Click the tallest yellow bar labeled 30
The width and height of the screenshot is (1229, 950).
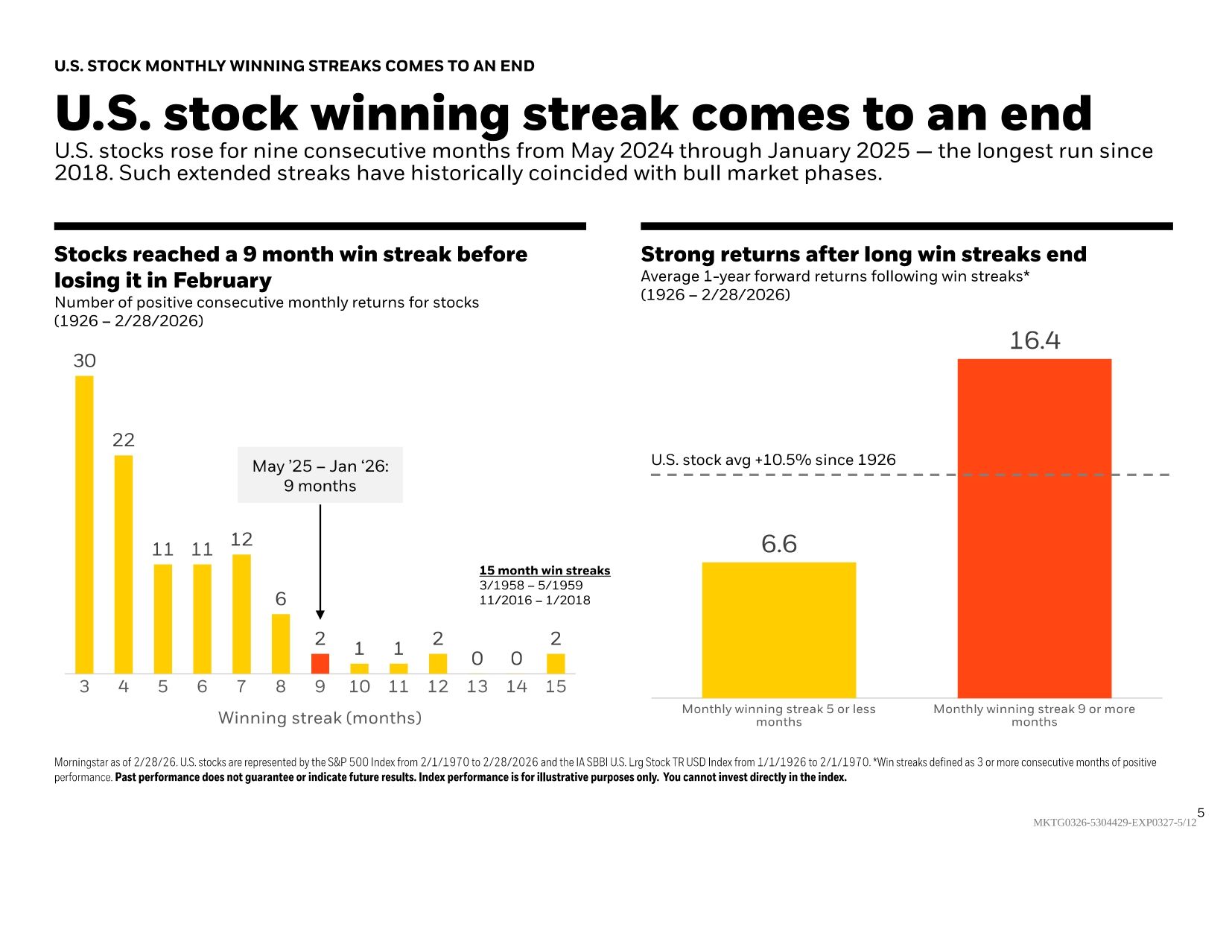click(84, 525)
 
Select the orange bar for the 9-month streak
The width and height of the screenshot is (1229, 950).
click(320, 664)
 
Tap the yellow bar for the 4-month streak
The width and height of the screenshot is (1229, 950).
click(124, 564)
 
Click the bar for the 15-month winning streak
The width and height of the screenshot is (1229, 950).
click(556, 664)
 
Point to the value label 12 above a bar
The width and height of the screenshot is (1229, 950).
click(241, 539)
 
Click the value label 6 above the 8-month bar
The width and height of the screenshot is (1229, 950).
click(281, 599)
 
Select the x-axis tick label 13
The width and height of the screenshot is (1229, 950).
click(477, 687)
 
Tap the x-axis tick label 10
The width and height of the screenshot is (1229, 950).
click(359, 687)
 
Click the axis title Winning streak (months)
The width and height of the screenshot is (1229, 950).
click(320, 718)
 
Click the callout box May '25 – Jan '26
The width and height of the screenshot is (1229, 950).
click(320, 475)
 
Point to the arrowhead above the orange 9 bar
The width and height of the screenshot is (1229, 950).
click(320, 614)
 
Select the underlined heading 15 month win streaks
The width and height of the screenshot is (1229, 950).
click(544, 571)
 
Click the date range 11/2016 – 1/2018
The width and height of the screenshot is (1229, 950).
click(534, 601)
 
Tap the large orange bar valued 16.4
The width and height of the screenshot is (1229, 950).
click(1034, 528)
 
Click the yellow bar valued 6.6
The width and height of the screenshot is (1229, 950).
click(778, 630)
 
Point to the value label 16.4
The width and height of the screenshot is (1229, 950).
click(1034, 341)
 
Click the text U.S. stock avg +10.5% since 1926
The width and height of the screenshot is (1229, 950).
click(773, 460)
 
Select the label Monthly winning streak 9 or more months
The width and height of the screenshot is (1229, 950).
click(1034, 715)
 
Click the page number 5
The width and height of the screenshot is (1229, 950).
click(1201, 813)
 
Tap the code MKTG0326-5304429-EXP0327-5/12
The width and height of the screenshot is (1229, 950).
click(1114, 823)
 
